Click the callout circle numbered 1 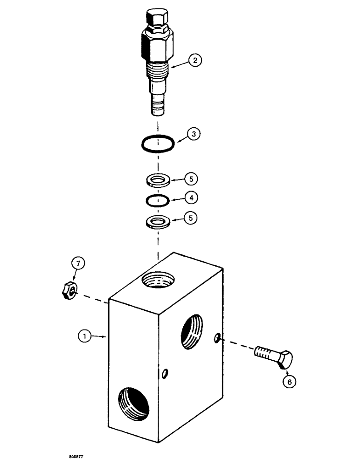(x=84, y=334)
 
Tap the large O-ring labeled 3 (x=158, y=144)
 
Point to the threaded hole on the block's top (x=159, y=281)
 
